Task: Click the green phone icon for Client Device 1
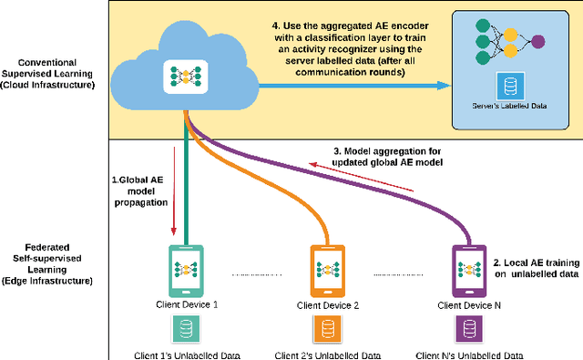pos(185,268)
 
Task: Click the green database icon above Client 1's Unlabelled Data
pos(185,327)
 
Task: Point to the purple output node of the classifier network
pos(538,41)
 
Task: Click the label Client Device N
pos(467,304)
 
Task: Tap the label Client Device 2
pos(326,304)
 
